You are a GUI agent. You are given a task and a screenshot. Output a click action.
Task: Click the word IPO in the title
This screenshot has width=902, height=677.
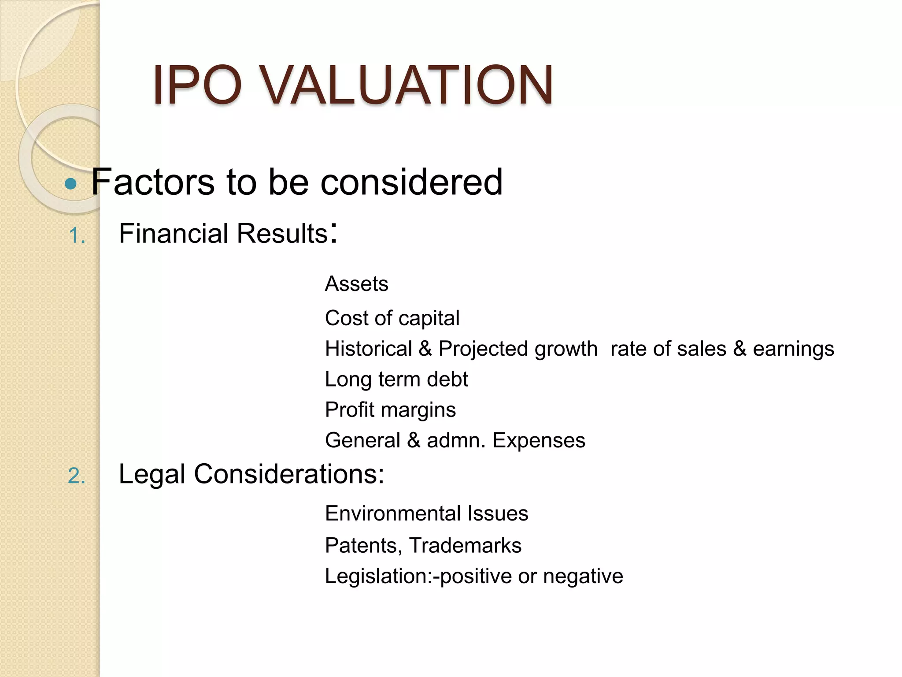(197, 85)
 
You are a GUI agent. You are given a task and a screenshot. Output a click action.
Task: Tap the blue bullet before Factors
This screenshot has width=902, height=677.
(70, 183)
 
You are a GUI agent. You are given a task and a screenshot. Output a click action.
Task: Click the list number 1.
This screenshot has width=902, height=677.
(77, 235)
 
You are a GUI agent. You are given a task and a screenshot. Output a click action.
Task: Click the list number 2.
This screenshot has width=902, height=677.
(77, 476)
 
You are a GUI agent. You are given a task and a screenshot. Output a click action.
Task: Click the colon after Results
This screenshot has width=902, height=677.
(334, 233)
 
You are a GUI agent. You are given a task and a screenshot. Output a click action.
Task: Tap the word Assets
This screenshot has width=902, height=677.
(356, 284)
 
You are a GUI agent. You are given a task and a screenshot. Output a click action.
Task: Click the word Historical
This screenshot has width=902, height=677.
(368, 349)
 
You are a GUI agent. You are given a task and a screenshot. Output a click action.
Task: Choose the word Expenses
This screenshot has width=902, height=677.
(539, 440)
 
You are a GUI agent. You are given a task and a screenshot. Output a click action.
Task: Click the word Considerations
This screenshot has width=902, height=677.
(289, 474)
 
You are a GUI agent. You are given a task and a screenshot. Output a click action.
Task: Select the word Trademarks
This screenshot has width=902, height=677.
(465, 546)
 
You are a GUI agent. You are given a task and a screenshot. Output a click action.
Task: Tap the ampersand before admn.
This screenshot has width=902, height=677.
(414, 440)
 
